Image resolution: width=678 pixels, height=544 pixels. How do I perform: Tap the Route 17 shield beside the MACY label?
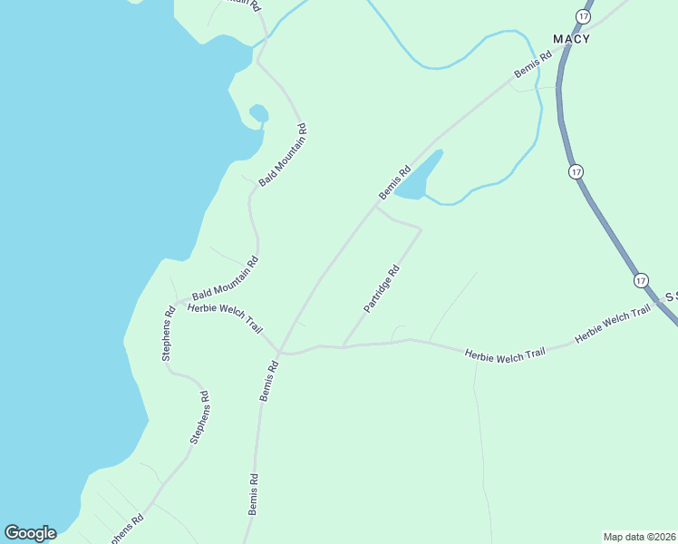pos(583,16)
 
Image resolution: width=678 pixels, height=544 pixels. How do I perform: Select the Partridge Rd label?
pos(382,289)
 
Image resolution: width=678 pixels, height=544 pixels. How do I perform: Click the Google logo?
pos(30,533)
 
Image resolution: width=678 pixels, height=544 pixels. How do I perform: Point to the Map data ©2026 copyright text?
pos(639,537)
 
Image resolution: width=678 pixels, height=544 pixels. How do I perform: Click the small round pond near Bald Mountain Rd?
pos(258,113)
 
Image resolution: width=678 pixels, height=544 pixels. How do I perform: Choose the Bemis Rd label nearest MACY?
pos(533,70)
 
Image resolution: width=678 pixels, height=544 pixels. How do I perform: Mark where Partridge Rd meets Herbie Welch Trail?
pos(343,346)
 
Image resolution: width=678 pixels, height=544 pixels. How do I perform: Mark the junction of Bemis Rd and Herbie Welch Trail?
pos(280,351)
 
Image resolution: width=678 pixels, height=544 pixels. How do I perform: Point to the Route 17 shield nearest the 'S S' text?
pos(642,280)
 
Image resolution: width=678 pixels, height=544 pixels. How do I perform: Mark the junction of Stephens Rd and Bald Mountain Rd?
pos(175,301)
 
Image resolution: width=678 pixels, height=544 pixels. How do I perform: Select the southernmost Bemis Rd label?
pos(255,494)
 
